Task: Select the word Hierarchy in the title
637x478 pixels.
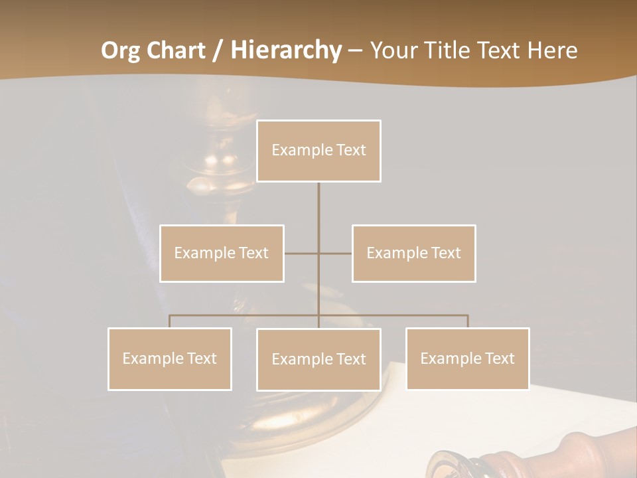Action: [x=286, y=50]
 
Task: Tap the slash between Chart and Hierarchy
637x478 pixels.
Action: [x=217, y=50]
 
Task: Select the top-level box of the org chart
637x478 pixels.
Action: [x=318, y=151]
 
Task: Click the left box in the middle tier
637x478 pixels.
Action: [x=222, y=253]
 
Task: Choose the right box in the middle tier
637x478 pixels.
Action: [x=414, y=253]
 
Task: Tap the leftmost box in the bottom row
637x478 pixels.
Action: [x=170, y=358]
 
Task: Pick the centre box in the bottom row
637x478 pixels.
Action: [x=318, y=359]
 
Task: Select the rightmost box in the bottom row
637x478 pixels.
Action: [x=468, y=358]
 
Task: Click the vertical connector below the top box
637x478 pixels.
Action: [x=318, y=212]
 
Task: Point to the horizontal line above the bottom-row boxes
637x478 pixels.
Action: [x=398, y=315]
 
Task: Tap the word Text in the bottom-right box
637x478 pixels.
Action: [x=500, y=358]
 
